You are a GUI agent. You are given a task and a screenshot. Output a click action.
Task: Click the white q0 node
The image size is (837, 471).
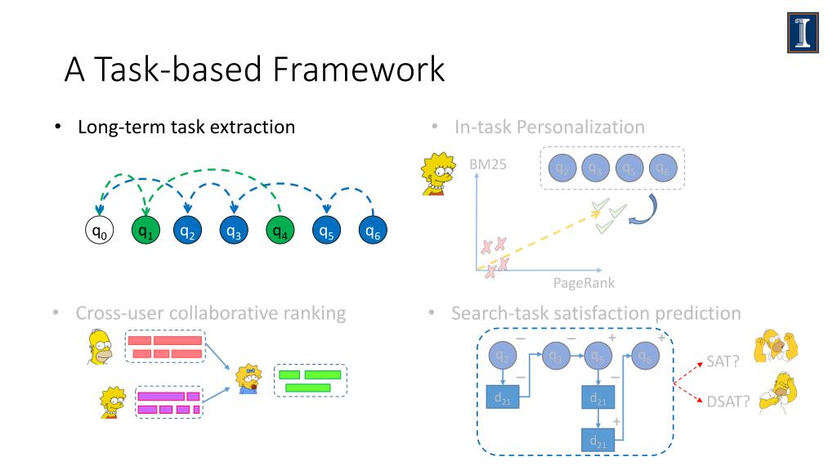[x=100, y=231]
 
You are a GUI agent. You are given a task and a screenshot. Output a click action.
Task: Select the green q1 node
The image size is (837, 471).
[x=145, y=231]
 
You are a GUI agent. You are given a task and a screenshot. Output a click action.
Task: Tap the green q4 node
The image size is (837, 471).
[x=280, y=231]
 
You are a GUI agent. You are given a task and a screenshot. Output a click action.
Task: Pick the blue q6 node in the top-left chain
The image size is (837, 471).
[x=373, y=231]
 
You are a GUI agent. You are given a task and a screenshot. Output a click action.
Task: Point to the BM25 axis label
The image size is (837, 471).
[x=488, y=164]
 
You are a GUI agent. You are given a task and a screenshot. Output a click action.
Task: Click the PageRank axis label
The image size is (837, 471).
[x=584, y=283]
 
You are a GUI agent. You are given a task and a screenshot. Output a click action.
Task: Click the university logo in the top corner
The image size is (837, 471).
[x=803, y=33]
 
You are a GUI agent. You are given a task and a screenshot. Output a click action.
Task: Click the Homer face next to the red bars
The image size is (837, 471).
[x=101, y=347]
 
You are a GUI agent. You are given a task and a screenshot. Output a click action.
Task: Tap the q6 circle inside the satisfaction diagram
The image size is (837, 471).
[x=646, y=356]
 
